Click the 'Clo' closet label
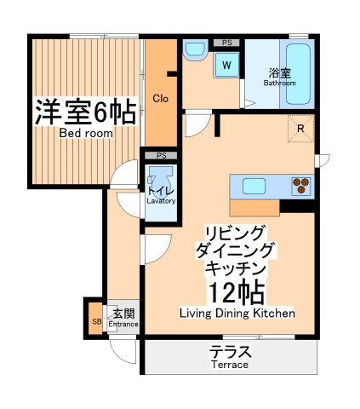[x=160, y=98]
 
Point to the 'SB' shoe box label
[x=95, y=321]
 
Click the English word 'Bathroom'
[x=279, y=84]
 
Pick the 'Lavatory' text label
[x=161, y=201]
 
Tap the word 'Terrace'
[x=230, y=366]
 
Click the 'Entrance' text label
[x=123, y=324]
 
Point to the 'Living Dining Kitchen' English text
[x=237, y=314]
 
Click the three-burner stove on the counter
[x=301, y=185]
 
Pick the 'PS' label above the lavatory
[x=161, y=155]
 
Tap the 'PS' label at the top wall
[x=226, y=42]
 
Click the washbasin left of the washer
[x=194, y=53]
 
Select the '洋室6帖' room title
[x=85, y=112]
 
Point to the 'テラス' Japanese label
[x=230, y=350]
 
